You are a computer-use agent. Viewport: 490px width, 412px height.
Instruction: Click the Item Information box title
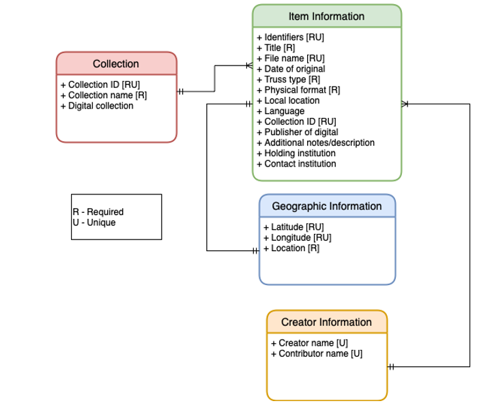click(326, 16)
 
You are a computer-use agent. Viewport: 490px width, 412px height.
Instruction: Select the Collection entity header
click(116, 63)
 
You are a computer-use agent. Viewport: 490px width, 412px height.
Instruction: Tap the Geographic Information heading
click(326, 206)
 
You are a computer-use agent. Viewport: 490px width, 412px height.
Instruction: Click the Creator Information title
click(326, 322)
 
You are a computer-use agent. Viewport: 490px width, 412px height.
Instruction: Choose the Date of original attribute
click(291, 68)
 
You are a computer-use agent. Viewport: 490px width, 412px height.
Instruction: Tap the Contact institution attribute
click(296, 164)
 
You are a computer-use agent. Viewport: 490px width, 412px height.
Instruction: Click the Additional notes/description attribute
click(315, 143)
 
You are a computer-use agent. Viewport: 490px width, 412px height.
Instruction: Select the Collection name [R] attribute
click(104, 95)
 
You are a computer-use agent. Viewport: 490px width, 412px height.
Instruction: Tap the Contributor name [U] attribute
click(317, 353)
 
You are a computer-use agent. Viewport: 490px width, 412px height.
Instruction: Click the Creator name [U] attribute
click(309, 343)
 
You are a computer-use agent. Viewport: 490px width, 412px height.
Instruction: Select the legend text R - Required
click(98, 212)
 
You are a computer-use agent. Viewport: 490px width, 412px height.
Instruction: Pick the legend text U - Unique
click(94, 222)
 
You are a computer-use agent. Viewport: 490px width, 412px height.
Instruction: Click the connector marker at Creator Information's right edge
click(392, 366)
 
